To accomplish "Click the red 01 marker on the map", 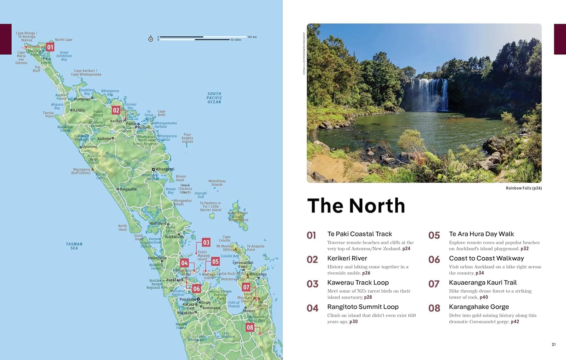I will point(50,47).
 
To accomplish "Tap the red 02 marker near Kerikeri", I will point(116,110).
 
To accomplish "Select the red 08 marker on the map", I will point(250,328).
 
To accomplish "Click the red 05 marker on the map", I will point(215,262).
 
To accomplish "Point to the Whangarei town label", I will point(165,169).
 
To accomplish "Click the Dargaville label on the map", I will point(128,189).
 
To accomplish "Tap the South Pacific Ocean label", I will point(214,98).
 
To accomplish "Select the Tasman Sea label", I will point(74,246).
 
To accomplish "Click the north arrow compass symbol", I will point(151,39).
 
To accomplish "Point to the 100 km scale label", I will point(252,37).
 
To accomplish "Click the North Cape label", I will point(63,40).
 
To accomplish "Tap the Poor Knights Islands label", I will point(187,138).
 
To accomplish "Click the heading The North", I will point(356,206).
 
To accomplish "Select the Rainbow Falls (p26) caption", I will point(523,188).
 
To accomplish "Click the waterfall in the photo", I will point(428,94).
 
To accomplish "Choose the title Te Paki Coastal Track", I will point(359,234).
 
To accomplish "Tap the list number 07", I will point(434,284).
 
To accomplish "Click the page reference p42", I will point(515,322).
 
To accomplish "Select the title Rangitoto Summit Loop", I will point(363,307).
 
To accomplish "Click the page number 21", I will point(554,344).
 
